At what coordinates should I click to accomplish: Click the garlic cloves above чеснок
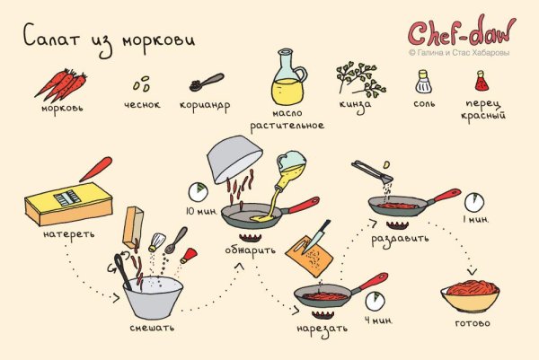141,85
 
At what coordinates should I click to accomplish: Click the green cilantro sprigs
357,79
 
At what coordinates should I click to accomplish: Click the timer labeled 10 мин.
198,192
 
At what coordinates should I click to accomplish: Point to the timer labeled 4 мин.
375,302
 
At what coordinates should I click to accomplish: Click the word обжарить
251,249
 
